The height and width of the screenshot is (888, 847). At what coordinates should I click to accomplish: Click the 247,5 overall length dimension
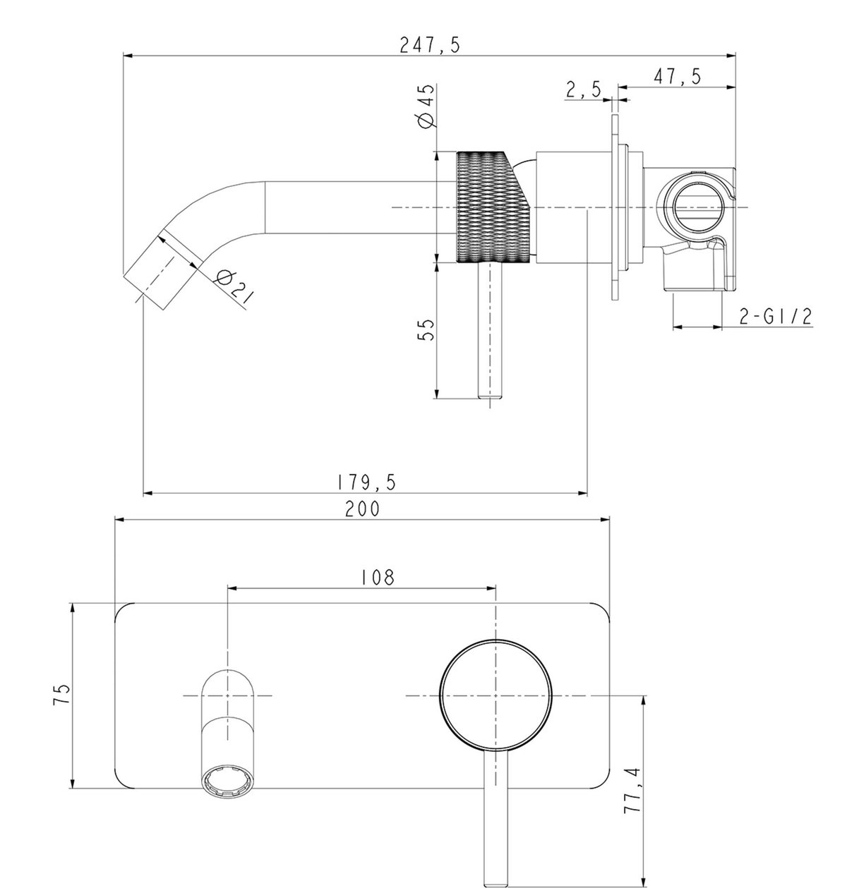point(429,44)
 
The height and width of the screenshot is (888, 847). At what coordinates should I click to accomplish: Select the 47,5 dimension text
point(677,76)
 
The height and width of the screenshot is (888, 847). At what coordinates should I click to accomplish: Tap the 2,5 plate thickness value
point(584,90)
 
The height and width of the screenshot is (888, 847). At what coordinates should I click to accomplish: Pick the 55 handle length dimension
point(426,329)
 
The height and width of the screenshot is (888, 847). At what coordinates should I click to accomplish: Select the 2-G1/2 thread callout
point(776,316)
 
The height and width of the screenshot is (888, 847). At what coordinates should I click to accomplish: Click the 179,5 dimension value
point(366,482)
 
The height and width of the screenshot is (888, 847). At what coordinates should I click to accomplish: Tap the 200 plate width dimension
point(362,509)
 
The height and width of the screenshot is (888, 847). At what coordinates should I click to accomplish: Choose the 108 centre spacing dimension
point(378,577)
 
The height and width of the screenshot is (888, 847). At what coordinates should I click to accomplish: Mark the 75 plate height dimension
point(62,694)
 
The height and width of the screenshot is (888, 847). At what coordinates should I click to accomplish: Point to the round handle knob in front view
point(495,696)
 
